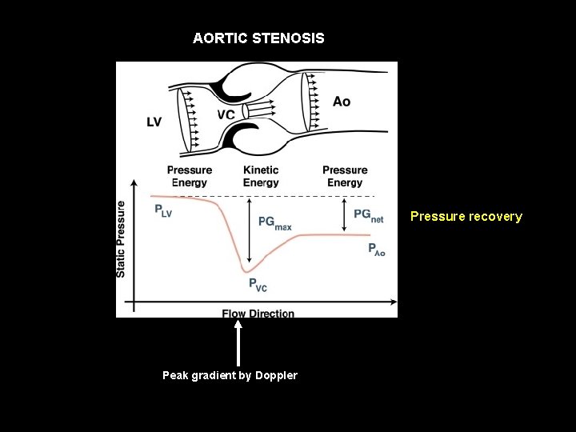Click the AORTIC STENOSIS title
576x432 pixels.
pos(258,38)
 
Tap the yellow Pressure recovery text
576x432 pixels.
pos(466,216)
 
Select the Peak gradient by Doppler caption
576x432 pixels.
pos(230,375)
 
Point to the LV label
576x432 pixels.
pos(154,122)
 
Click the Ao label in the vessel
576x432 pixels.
pos(342,102)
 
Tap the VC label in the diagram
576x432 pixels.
pos(226,114)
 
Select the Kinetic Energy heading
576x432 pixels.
pos(261,176)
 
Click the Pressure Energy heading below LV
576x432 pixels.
pos(190,176)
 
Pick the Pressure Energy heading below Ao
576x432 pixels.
pos(345,176)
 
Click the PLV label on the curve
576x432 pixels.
pos(163,211)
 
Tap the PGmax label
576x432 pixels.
pos(274,223)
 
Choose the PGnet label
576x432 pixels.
pos(368,216)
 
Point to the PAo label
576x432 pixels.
pos(376,250)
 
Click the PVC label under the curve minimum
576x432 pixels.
pos(257,284)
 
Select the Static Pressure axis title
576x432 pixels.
pos(122,238)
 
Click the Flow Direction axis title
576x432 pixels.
pos(258,313)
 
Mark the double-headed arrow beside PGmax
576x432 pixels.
pos(250,230)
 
